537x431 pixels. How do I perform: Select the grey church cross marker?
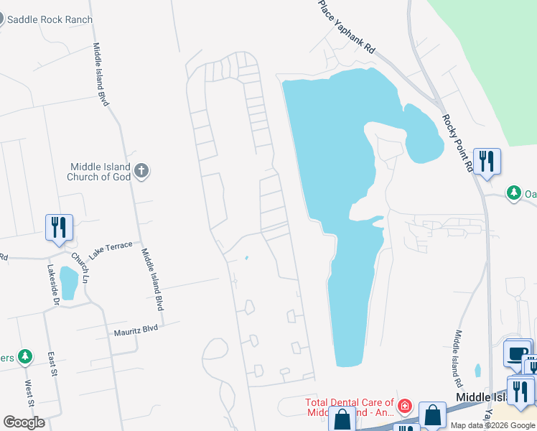141,171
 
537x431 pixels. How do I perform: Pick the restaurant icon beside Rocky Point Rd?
487,162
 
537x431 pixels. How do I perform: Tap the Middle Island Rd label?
455,355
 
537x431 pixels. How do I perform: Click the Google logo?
24,422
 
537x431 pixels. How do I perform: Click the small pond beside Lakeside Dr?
69,283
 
